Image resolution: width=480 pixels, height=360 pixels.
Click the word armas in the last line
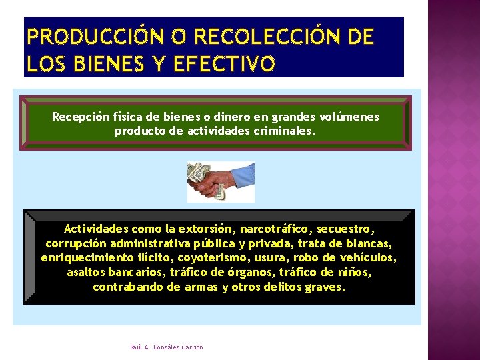click(200, 287)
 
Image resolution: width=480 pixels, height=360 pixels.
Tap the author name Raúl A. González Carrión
click(167, 347)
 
